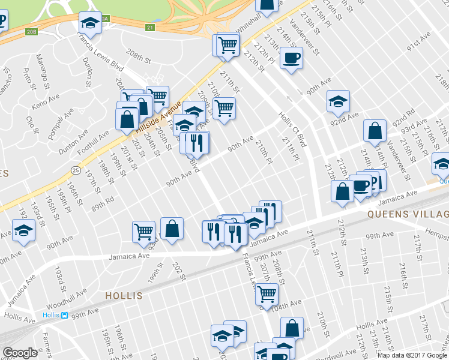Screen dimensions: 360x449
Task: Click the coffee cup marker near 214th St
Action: tap(291, 58)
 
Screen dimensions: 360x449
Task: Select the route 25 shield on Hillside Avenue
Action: tap(75, 170)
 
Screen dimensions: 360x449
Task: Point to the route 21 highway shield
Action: tap(150, 28)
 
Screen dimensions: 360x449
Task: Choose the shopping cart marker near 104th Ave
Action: tap(266, 294)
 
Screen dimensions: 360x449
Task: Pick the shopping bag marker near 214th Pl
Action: tap(375, 130)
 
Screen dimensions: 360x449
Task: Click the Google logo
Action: tap(20, 353)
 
